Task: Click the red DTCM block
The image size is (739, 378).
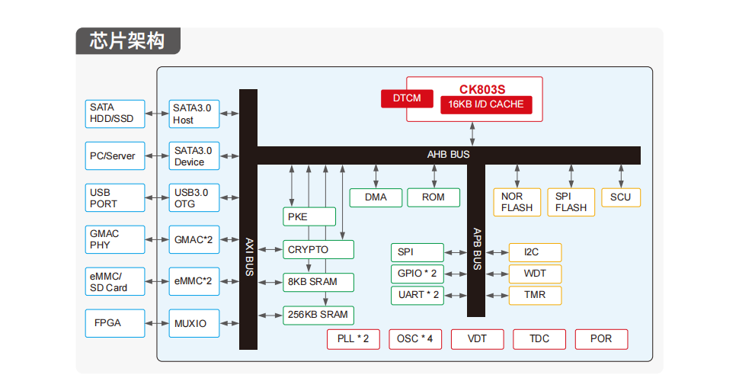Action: [x=407, y=98]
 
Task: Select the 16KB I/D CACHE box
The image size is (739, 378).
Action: [x=486, y=104]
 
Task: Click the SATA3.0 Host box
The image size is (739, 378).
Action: [x=194, y=114]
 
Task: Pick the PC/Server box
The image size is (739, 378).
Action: [x=113, y=155]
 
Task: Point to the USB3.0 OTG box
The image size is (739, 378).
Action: [x=194, y=198]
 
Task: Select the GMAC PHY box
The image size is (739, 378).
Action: [x=113, y=239]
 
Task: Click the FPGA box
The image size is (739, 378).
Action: [x=113, y=322]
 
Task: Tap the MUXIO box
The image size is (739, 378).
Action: [x=194, y=323]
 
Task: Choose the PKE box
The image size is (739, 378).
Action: [x=309, y=217]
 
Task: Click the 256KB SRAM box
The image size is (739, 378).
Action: [x=318, y=314]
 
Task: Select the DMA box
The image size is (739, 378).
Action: [x=376, y=197]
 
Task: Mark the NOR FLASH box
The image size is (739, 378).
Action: [x=517, y=202]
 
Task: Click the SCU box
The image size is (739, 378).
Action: [x=621, y=197]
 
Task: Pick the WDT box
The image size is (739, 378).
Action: [x=535, y=273]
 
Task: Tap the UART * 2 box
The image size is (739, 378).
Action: [x=418, y=295]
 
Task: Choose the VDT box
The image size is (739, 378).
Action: [x=477, y=338]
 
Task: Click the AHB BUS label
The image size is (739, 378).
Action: [x=449, y=155]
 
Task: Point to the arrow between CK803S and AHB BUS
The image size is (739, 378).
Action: [x=473, y=133]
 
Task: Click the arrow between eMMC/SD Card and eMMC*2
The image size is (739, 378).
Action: [x=156, y=281]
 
